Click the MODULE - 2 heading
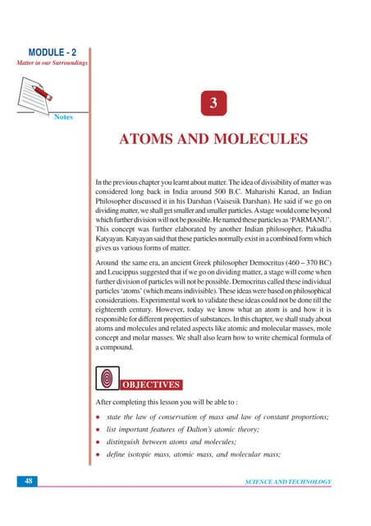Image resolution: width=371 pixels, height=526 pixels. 51,52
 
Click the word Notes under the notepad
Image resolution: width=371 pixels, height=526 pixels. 63,118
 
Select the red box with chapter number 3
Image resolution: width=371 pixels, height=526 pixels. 213,104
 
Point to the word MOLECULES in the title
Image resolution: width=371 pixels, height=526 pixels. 265,139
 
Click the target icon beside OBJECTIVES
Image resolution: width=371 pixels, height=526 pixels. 107,379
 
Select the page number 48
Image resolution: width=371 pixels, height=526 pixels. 25,482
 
